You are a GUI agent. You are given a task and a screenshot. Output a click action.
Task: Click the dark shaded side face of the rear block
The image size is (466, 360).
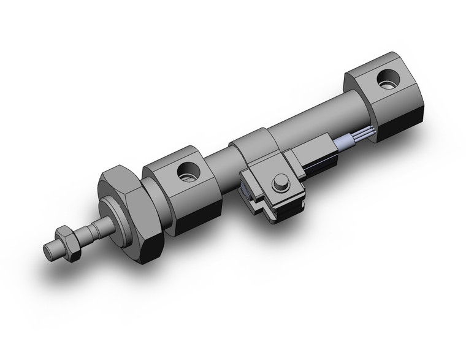[402, 120]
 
